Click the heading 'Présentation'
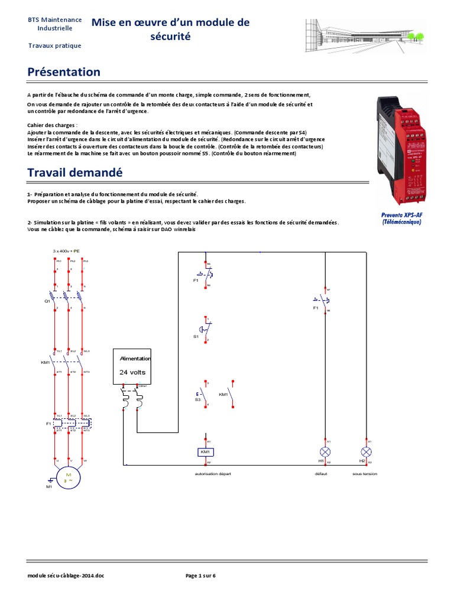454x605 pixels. (64, 72)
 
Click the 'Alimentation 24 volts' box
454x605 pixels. (135, 366)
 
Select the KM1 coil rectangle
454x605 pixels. (205, 452)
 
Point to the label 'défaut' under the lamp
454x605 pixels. (322, 473)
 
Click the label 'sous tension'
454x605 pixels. (365, 473)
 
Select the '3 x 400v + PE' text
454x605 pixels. (66, 251)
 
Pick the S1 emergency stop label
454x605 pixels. (196, 336)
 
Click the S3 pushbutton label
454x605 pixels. (197, 400)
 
